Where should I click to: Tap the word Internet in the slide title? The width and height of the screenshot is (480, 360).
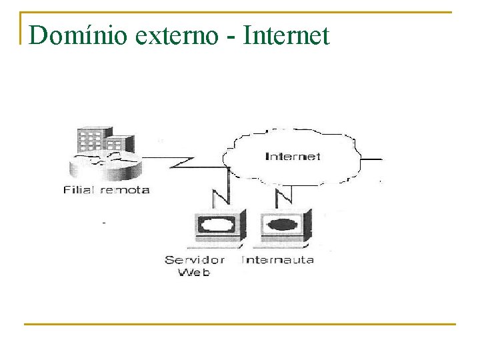point(286,35)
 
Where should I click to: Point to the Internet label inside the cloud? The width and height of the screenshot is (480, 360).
point(293,157)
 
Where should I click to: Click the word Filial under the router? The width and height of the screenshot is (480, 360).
point(78,189)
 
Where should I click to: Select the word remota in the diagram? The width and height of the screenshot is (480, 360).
point(125,189)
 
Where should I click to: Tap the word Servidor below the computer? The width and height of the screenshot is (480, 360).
point(195,259)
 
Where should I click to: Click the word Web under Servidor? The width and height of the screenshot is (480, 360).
point(194,272)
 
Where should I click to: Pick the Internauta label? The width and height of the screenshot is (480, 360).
point(278,259)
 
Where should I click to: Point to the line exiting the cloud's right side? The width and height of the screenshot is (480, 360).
point(372,160)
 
